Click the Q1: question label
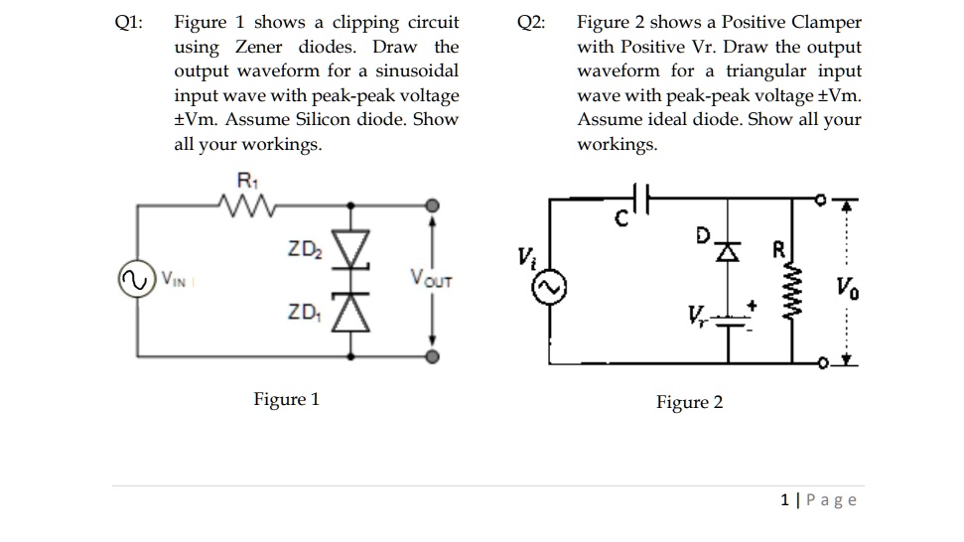click(x=129, y=23)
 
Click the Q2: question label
click(x=531, y=23)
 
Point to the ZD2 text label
click(x=303, y=246)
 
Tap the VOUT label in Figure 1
click(x=430, y=280)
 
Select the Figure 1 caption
click(x=286, y=400)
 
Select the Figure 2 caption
click(x=689, y=402)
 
